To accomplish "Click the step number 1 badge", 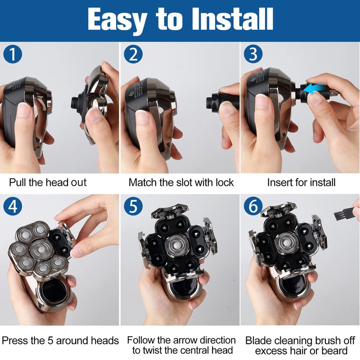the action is tap(13, 54).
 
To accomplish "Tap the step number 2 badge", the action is tap(133, 54).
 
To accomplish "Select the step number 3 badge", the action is tap(253, 54).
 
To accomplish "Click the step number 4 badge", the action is tap(13, 206).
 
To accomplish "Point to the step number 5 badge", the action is tap(133, 206).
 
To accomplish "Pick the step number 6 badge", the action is tap(253, 206).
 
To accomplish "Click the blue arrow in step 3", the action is tap(316, 88).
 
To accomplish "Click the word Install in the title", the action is tap(232, 19).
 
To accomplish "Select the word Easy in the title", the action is tap(117, 21).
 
